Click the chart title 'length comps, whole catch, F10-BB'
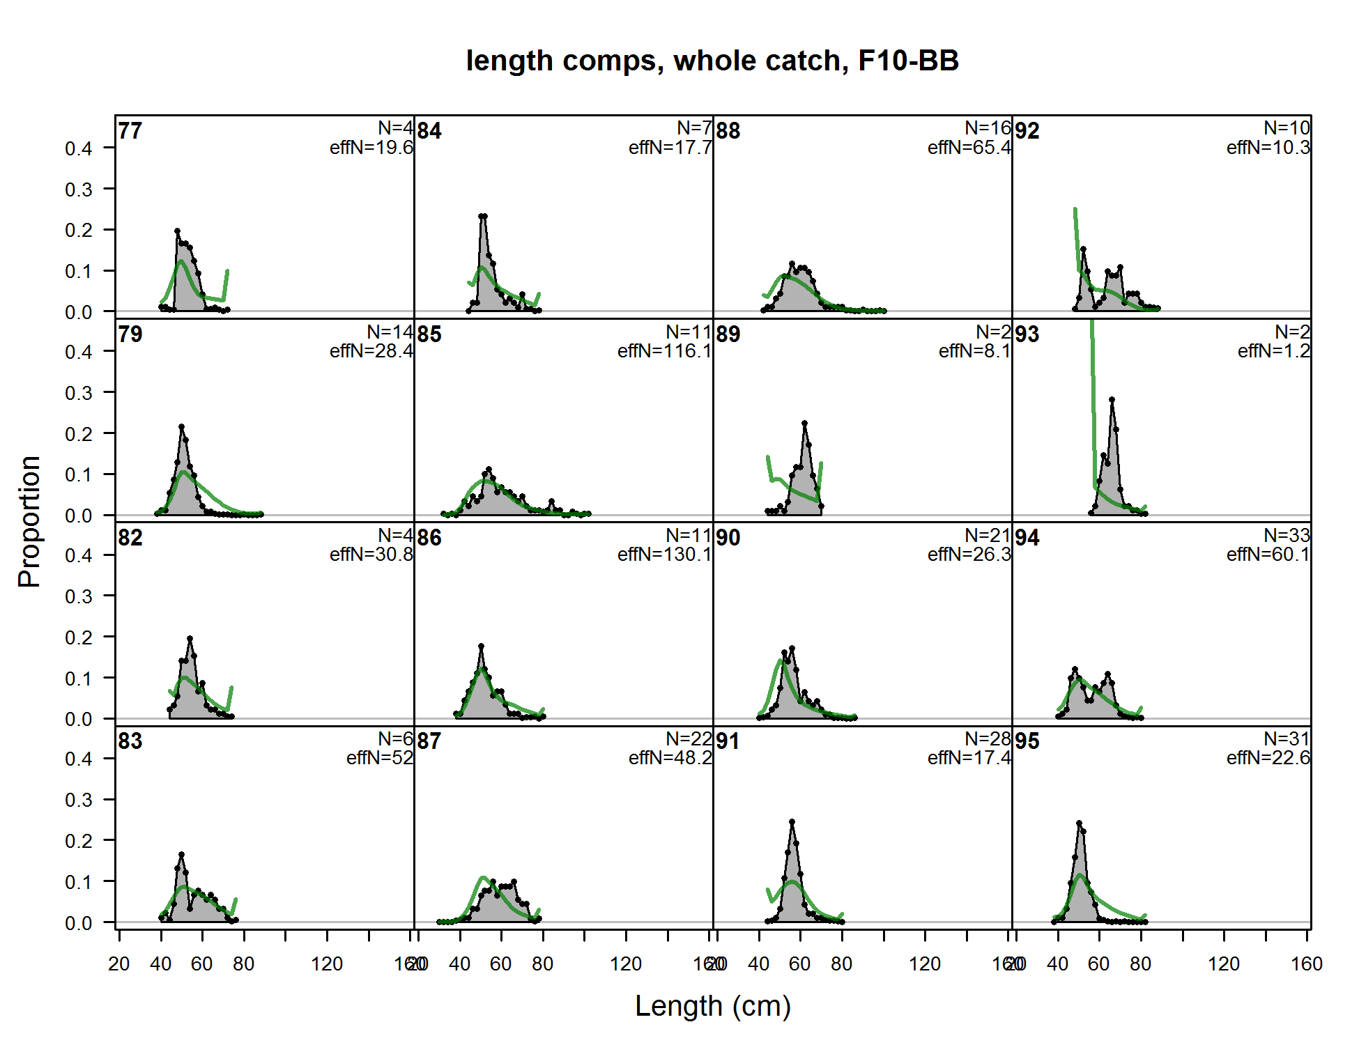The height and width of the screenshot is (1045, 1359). coord(712,61)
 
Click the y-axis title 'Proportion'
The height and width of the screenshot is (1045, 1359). coord(29,521)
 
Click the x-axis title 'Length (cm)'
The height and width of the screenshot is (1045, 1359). coord(712,1006)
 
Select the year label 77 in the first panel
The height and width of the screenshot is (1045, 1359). coord(130,131)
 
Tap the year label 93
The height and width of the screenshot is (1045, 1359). coord(1027,334)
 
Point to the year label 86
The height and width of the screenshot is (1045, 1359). coord(429,538)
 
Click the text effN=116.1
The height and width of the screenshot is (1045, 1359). coord(664,351)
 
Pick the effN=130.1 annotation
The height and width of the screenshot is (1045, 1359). coord(664,555)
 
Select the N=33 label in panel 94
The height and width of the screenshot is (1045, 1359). coord(1287,535)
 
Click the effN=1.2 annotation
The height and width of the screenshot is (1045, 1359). coord(1273,351)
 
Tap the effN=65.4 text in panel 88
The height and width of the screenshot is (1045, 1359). coord(969,148)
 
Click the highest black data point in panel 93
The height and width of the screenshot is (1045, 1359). coord(1112,400)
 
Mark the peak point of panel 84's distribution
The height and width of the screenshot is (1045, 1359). coord(483,217)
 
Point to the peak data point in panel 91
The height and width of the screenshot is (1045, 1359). coord(792,822)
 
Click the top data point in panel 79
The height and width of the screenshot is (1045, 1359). coord(182,426)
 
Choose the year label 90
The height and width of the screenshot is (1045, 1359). coord(728,538)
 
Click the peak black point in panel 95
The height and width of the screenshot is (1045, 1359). coord(1079,823)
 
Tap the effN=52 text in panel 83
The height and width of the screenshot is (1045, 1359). coord(380,758)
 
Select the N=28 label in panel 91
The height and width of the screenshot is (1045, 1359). coord(988,738)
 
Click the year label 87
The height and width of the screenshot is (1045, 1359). coord(429,741)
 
